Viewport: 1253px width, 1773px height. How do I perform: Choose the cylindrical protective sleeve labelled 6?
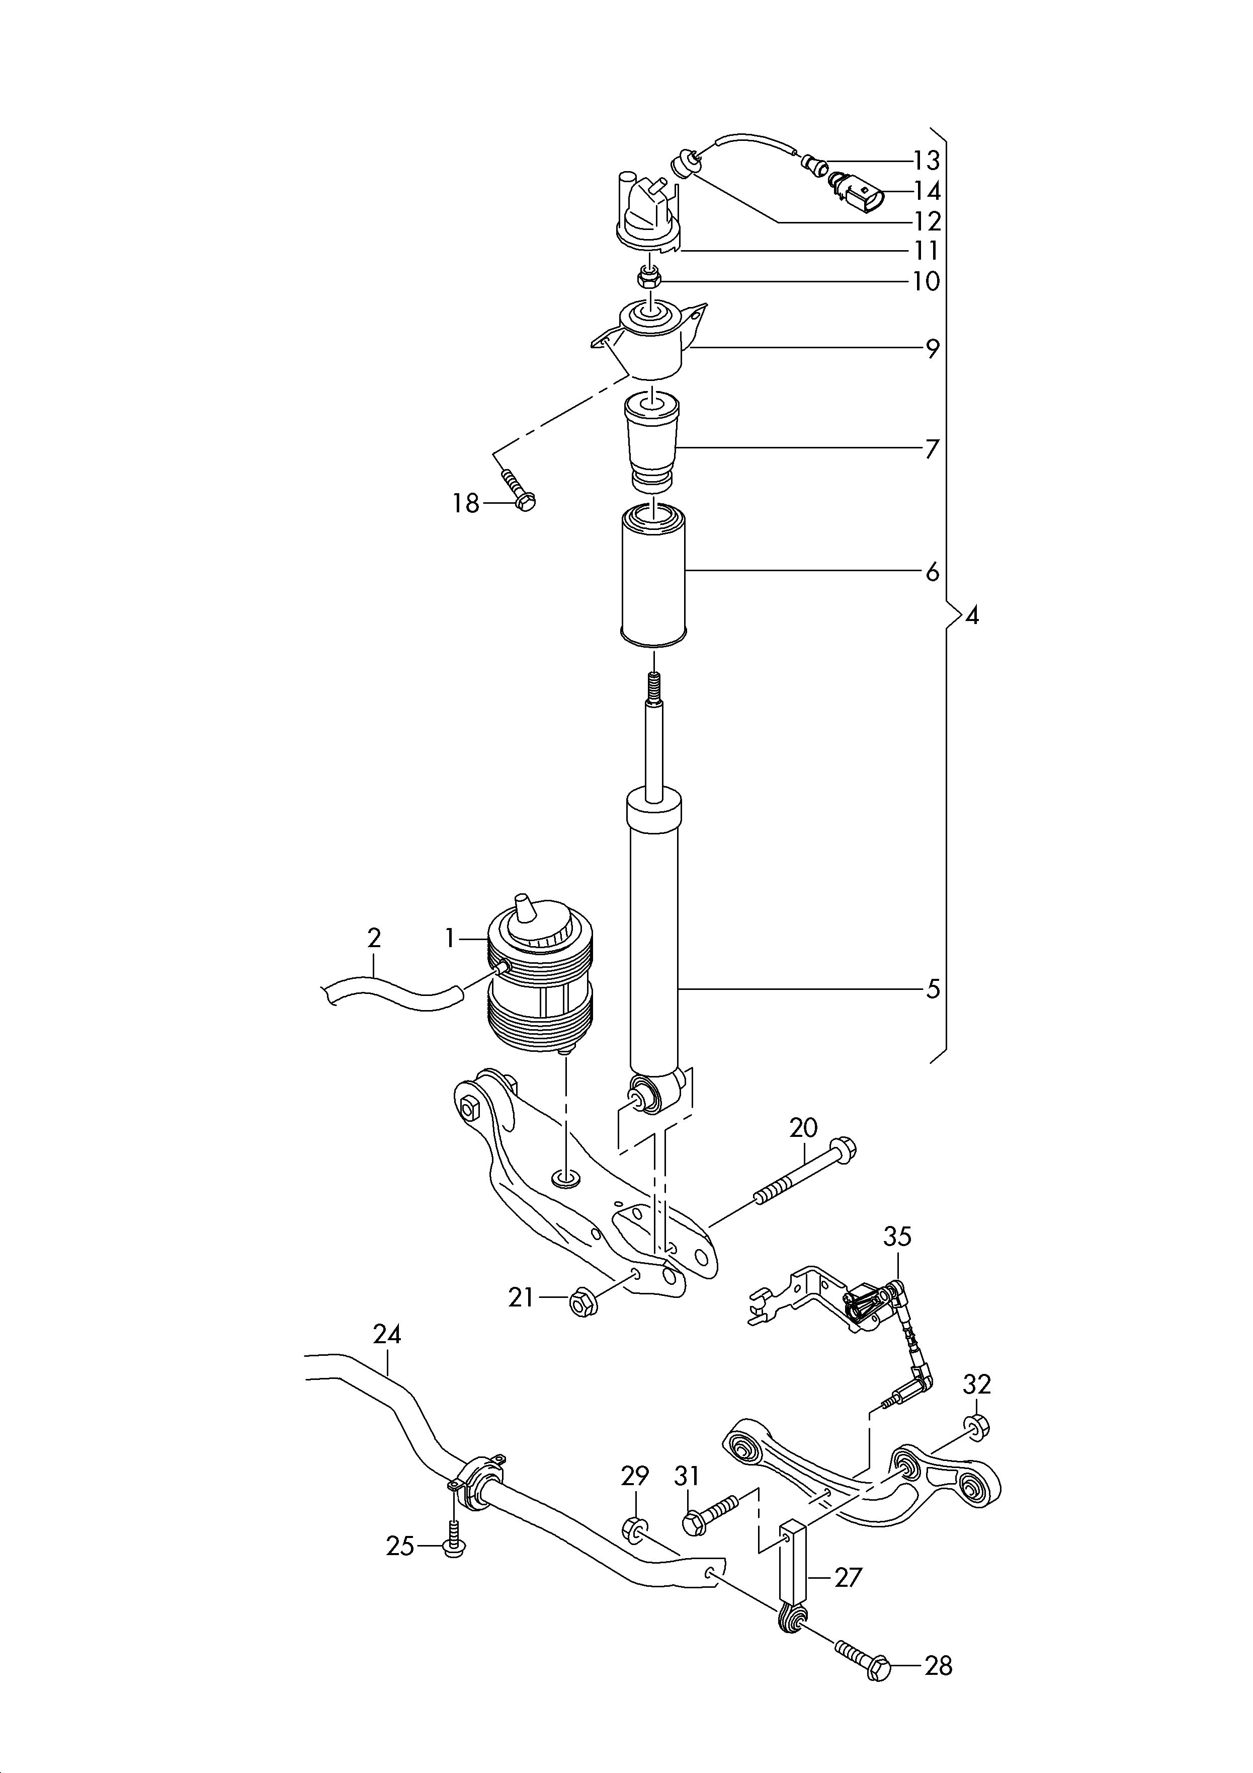coord(653,575)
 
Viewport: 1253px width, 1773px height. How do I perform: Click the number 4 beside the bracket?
coord(972,615)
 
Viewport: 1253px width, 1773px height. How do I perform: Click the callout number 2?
coord(374,938)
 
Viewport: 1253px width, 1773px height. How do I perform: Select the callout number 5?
coord(933,988)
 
